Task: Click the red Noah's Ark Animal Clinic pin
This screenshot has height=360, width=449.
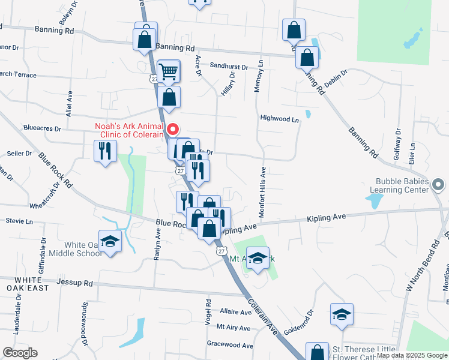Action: click(173, 128)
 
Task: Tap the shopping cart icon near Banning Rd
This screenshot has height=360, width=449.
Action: click(169, 72)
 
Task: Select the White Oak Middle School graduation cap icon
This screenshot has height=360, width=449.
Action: click(110, 242)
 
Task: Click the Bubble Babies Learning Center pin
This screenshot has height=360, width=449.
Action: click(438, 184)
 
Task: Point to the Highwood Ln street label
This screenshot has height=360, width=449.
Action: click(279, 119)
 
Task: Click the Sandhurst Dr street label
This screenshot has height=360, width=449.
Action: click(229, 67)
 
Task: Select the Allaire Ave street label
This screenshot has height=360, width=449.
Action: click(235, 312)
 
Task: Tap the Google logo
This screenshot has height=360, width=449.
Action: click(20, 353)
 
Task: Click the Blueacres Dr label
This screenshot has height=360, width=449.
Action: click(42, 128)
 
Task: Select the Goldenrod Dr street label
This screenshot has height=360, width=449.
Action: click(298, 322)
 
